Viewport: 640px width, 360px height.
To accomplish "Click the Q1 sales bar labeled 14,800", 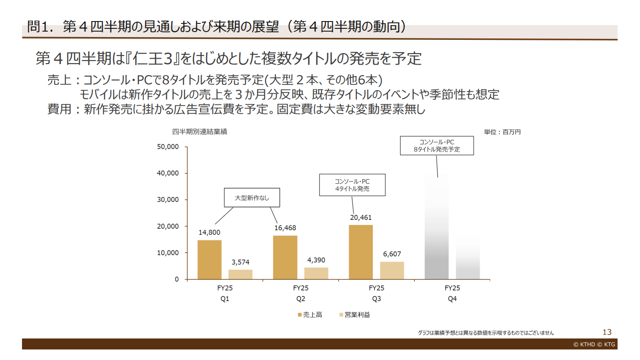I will [209, 259].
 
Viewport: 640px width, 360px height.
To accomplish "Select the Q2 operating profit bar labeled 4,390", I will [316, 273].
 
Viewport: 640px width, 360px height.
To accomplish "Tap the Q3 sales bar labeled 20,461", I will [361, 252].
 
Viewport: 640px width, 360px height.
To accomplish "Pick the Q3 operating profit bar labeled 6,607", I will [392, 270].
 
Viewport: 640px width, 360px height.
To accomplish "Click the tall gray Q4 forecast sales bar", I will [437, 227].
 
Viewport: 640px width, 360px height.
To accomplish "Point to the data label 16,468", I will [285, 228].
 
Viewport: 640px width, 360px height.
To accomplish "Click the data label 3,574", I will [241, 262].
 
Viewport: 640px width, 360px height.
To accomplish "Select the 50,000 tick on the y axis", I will [167, 147].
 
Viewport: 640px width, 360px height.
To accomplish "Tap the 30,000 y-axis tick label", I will [167, 200].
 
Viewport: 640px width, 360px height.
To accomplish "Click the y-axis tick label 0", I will [176, 279].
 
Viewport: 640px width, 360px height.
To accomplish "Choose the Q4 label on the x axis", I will [452, 299].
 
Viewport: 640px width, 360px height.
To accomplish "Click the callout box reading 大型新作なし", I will [252, 198].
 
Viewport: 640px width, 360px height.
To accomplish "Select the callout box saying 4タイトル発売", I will [352, 185].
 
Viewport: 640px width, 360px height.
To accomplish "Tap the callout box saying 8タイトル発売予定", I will [437, 146].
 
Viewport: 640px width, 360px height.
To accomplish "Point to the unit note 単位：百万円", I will [502, 132].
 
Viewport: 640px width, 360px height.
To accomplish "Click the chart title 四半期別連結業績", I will [200, 132].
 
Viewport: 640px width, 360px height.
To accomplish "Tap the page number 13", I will [607, 332].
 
